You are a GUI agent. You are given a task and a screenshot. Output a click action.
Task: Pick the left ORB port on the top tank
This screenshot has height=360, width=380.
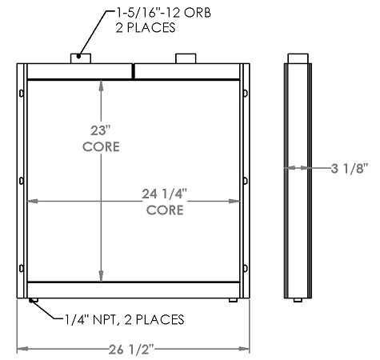point(78,58)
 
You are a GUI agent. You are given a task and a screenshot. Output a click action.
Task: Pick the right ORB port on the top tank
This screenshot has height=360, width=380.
point(185,58)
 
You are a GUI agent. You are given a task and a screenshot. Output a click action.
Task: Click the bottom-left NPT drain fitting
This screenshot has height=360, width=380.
point(33,301)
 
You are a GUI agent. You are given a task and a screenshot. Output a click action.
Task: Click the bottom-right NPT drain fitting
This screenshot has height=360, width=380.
point(232,301)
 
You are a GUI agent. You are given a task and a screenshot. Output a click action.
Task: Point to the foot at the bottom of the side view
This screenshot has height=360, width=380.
point(297,300)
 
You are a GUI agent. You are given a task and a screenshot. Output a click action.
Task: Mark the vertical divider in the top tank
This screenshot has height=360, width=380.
point(134,71)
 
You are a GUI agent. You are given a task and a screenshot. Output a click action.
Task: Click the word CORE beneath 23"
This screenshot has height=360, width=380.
point(101,148)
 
